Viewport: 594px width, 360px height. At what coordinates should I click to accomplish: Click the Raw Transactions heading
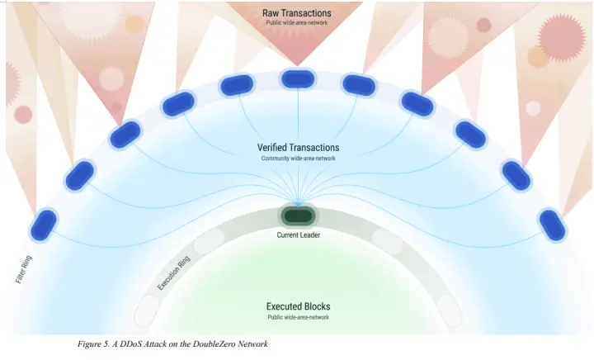point(297,12)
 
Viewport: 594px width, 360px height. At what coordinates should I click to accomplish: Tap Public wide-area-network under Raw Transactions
point(297,22)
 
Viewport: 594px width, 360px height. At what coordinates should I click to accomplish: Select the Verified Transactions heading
point(298,148)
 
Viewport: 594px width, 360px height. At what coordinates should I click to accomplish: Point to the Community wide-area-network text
point(298,159)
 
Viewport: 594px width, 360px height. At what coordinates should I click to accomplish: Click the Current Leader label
point(298,235)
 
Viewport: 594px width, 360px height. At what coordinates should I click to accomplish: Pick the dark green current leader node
point(298,216)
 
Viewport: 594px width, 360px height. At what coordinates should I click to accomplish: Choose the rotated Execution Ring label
point(174,273)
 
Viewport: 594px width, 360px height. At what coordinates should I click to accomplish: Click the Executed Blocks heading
point(298,306)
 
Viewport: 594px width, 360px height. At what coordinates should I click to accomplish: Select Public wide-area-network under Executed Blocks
point(298,317)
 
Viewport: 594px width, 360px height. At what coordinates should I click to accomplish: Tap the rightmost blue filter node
point(551,223)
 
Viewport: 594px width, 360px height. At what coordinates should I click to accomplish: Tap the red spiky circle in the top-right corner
point(562,35)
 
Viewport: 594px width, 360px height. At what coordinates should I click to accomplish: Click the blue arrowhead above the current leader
point(298,202)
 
